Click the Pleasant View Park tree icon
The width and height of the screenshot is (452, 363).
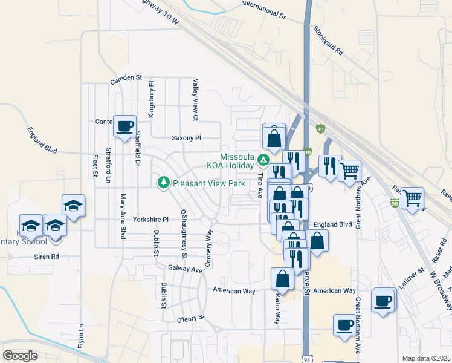click(163, 182)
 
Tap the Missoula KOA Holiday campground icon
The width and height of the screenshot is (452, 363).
click(263, 160)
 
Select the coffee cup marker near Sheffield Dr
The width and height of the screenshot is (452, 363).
click(125, 126)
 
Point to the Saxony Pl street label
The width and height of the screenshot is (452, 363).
click(186, 138)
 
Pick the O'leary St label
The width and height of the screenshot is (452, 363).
click(192, 318)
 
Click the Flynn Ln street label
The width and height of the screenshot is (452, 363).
click(80, 341)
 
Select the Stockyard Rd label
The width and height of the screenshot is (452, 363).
click(328, 41)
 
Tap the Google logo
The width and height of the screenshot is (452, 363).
click(20, 356)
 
